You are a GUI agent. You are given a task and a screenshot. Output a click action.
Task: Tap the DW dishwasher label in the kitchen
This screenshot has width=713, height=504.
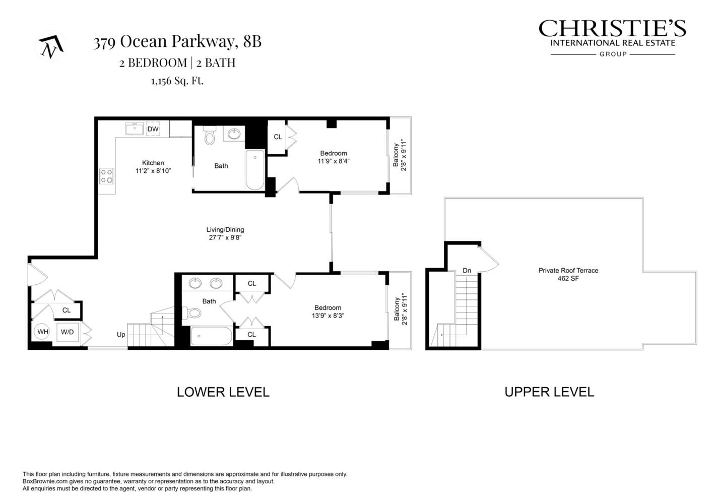coord(153,129)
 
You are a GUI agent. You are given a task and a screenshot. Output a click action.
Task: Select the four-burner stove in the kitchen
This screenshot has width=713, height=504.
coord(106,176)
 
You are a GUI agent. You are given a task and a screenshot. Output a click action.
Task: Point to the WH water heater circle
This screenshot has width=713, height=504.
coord(43,332)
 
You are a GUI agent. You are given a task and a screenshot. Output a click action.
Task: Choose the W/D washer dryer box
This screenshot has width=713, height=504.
coord(68,332)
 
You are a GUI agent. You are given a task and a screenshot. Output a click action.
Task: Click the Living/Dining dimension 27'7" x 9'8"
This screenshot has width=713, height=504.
coord(225,237)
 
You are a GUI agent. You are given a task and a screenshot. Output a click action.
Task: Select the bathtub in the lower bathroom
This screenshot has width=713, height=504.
coord(212,336)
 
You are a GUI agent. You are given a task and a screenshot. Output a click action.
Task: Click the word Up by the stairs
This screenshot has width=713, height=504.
coord(121,334)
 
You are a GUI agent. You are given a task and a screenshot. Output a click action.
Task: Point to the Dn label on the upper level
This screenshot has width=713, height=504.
coord(467,271)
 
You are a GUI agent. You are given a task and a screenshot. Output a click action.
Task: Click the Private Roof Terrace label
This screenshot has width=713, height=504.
coord(568,270)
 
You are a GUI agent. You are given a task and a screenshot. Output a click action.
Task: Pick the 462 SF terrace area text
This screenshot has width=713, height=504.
coord(568,278)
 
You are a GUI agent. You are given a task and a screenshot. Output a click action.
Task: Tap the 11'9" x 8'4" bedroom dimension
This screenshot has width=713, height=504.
coord(333,161)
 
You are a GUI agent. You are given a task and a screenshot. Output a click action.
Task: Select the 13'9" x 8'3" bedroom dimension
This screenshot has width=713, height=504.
coord(328,316)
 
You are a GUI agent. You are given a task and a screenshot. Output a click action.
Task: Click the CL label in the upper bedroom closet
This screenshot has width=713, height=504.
coord(278,137)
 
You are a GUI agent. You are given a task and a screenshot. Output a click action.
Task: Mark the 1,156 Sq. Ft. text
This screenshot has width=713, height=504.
coord(177,81)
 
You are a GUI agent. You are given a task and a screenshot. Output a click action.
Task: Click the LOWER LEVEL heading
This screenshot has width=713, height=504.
coord(223,392)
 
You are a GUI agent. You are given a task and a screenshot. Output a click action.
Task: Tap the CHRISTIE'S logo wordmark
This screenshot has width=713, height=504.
coord(612,28)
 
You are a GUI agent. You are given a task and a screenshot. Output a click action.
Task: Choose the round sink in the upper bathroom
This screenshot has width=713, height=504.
coord(234,134)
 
